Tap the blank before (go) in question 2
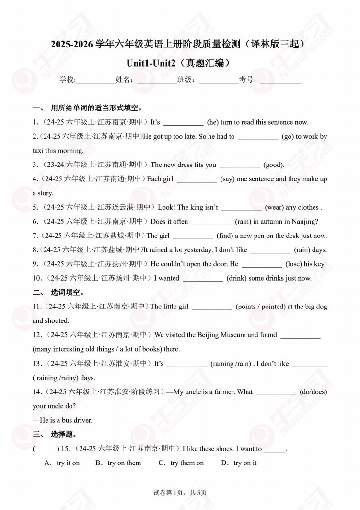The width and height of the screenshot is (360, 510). tap(258, 137)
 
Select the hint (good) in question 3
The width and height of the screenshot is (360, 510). tap(274, 165)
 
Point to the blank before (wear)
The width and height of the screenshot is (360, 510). tap(241, 208)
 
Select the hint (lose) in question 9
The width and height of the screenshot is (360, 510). tap(293, 264)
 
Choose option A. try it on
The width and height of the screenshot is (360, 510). tap(62, 463)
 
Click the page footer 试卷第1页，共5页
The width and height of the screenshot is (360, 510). tap(180, 492)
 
